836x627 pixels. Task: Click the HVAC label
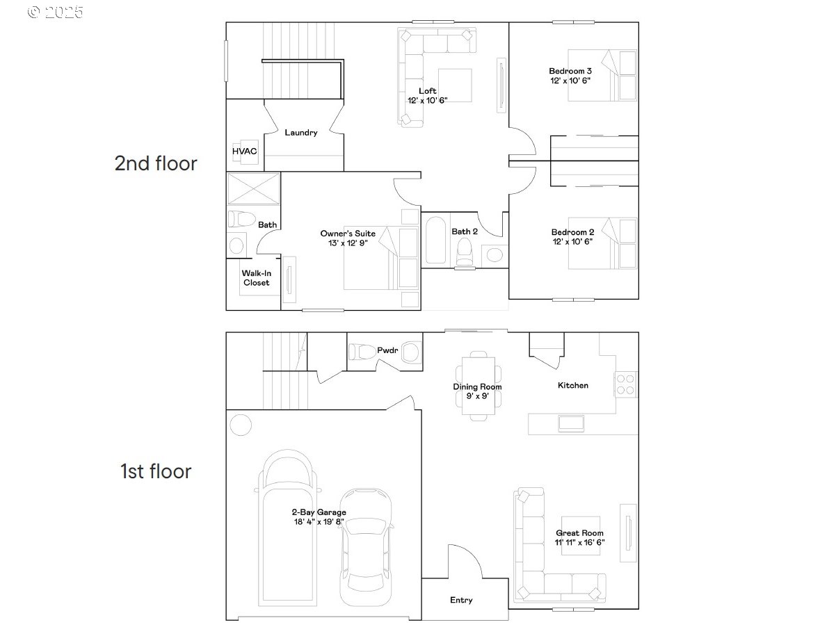coord(244,151)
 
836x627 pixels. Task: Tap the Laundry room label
coord(301,133)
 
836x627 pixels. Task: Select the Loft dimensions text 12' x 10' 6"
coord(427,100)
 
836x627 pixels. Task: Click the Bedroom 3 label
coord(570,71)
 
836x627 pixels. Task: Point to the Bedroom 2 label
coord(572,232)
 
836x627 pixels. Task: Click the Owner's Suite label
coord(348,234)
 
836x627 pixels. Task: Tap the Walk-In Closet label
coord(257,278)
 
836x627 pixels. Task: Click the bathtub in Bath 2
coord(435,241)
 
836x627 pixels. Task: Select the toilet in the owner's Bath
coord(241,219)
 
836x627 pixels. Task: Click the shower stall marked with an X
coord(254,189)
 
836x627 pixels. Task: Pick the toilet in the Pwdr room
coord(362,351)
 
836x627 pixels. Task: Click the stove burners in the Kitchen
coord(625,384)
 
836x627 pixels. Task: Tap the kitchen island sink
coord(571,423)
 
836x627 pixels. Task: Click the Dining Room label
coord(477,386)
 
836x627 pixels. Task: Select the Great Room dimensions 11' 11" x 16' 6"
coord(579,542)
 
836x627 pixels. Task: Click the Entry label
coord(461,600)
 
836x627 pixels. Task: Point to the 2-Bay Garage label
coord(319,512)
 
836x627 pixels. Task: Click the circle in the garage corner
coord(241,425)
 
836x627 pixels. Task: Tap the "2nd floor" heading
coord(156,163)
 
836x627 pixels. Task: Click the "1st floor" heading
coord(156,471)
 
